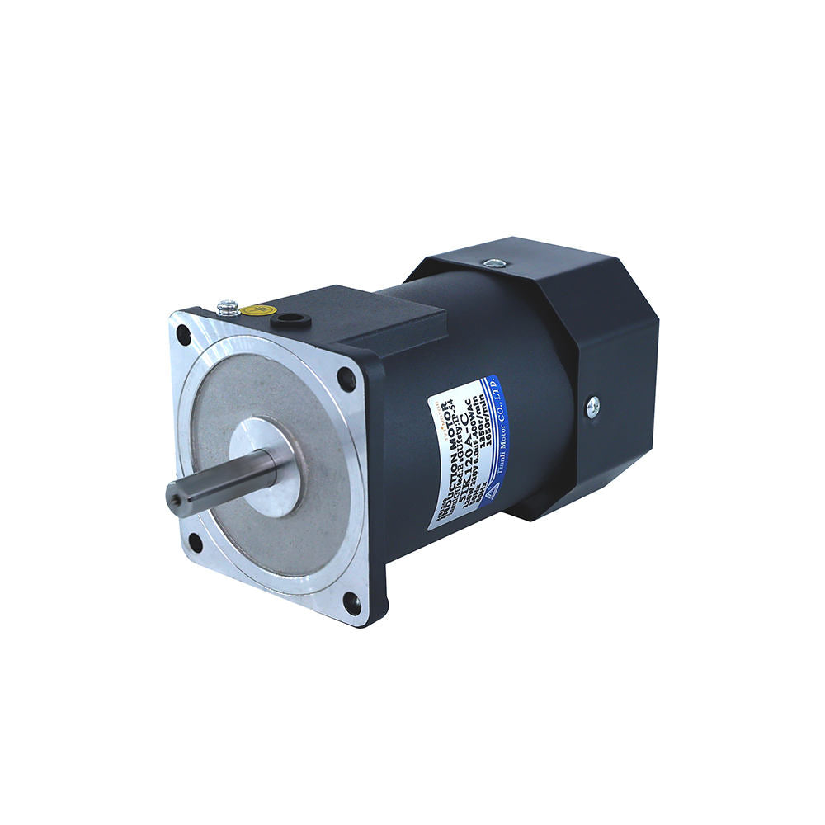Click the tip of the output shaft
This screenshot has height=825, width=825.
tap(176, 497)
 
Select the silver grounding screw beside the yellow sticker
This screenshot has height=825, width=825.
tap(229, 308)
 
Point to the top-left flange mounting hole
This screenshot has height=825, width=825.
tap(183, 335)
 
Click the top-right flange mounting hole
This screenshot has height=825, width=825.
tap(346, 379)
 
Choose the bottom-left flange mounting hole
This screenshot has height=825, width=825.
tap(195, 542)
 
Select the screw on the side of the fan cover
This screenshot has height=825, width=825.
tap(592, 405)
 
